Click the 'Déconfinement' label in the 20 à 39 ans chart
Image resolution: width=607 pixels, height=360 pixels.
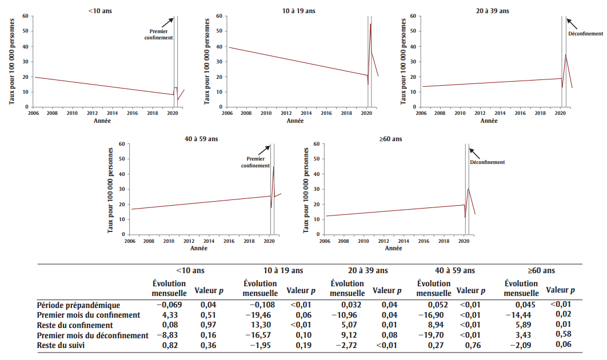pyautogui.click(x=585, y=34)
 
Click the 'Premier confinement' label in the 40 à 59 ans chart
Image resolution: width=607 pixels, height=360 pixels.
pyautogui.click(x=255, y=162)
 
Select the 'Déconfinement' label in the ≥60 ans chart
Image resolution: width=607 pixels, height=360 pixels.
pyautogui.click(x=488, y=162)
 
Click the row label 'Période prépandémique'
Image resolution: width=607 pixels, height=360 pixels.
pyautogui.click(x=78, y=305)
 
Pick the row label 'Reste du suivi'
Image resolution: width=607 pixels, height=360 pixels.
pyautogui.click(x=62, y=345)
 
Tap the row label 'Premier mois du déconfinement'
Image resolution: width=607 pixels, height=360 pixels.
pyautogui.click(x=93, y=335)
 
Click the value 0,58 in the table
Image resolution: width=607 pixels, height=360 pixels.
pyautogui.click(x=563, y=334)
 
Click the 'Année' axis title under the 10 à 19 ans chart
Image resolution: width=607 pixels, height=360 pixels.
pyautogui.click(x=295, y=121)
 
